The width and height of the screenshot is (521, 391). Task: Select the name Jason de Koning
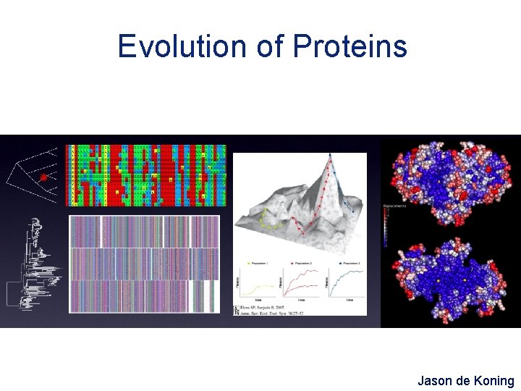[465, 380]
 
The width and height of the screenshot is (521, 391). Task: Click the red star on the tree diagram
[43, 177]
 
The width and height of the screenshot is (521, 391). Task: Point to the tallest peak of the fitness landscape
[329, 156]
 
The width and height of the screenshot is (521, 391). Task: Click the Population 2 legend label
[303, 263]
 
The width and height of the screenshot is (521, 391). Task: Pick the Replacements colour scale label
[395, 206]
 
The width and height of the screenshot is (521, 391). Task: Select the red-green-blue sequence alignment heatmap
[145, 175]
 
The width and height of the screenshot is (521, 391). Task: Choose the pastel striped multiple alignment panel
[143, 264]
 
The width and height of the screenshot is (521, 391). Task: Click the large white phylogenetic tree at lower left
[33, 264]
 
